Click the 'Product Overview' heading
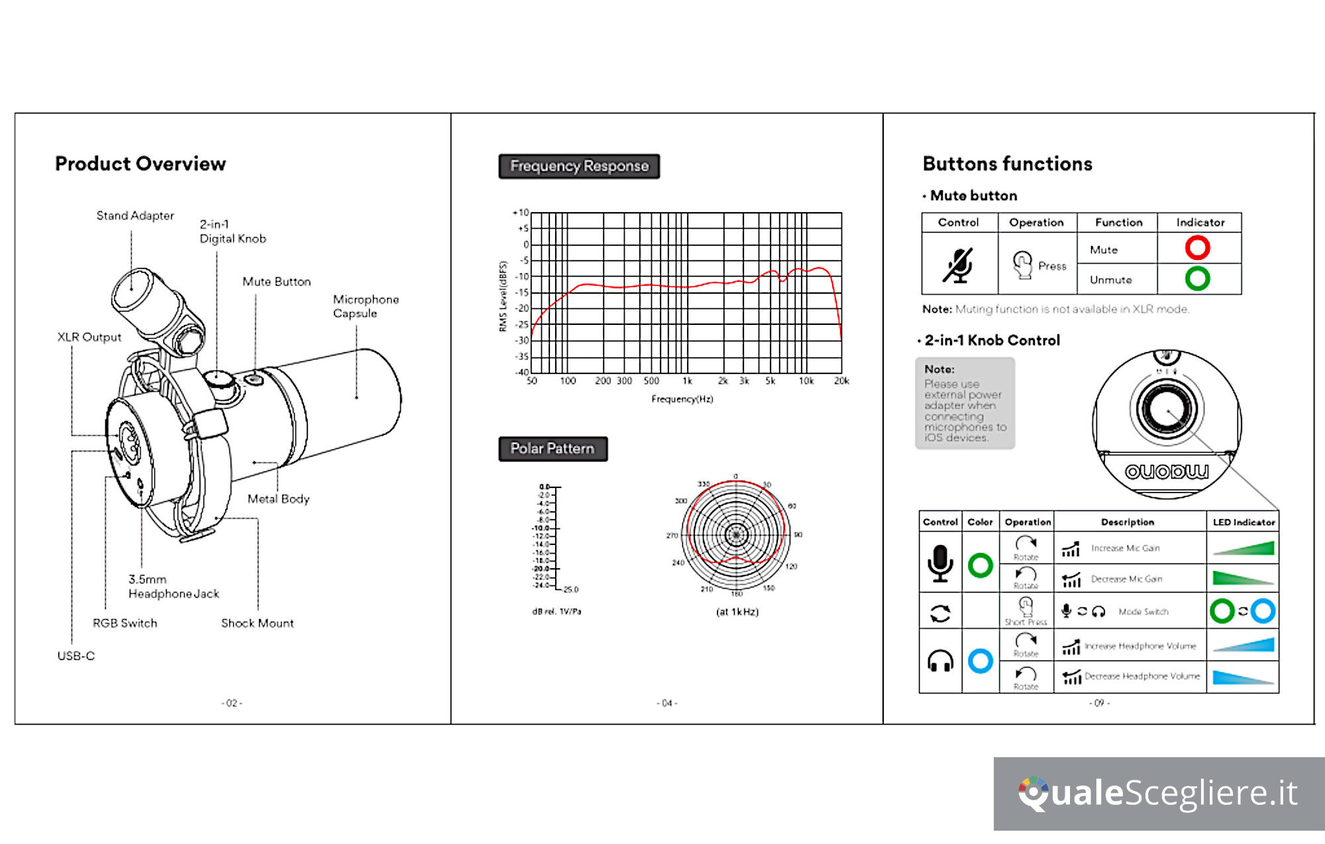click(140, 164)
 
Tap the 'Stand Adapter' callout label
click(135, 215)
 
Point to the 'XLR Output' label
click(89, 337)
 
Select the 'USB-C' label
click(76, 656)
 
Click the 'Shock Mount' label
click(257, 623)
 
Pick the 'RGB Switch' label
click(125, 623)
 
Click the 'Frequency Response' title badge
click(579, 166)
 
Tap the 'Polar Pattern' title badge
click(553, 449)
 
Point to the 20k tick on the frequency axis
click(841, 381)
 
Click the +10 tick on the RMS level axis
click(521, 213)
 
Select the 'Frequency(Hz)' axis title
click(682, 399)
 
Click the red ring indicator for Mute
click(1197, 248)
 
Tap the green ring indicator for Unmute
click(1197, 278)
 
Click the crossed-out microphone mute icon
click(959, 266)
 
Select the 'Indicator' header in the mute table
click(1200, 223)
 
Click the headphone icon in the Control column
click(940, 661)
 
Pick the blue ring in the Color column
click(980, 661)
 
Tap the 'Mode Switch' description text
click(1143, 612)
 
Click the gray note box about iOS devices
click(965, 403)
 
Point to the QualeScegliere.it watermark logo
click(1158, 794)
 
